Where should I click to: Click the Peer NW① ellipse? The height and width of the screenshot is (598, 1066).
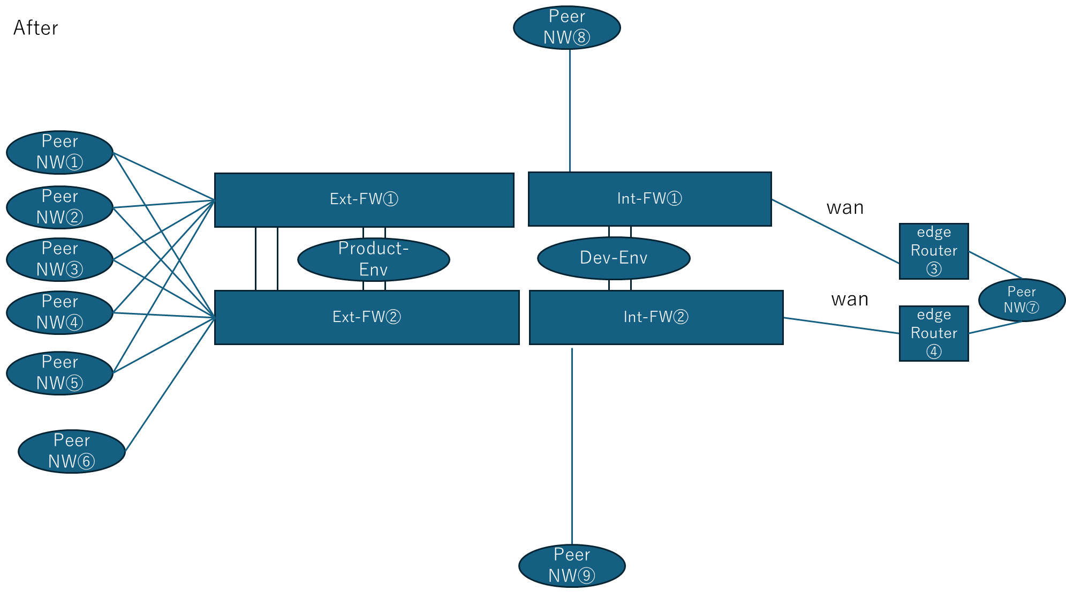[59, 153]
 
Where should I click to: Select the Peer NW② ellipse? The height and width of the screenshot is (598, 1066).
[59, 207]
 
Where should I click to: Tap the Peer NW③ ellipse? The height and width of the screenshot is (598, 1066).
[59, 259]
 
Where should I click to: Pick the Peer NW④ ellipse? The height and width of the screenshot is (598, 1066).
[59, 312]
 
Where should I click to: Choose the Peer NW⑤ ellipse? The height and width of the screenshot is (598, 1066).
[59, 373]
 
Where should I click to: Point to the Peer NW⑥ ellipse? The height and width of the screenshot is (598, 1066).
[71, 451]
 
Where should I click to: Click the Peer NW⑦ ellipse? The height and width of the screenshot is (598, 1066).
[1021, 300]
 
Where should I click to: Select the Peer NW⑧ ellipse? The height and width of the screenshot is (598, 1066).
[566, 27]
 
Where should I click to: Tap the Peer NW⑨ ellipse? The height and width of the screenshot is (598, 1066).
[572, 565]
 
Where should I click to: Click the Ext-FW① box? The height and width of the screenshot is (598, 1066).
[364, 200]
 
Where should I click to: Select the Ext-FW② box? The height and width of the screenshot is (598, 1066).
[367, 317]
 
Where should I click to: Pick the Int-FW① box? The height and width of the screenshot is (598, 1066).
[649, 199]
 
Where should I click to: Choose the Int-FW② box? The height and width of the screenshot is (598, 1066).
[656, 317]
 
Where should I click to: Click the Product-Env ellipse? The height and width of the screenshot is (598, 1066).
[373, 259]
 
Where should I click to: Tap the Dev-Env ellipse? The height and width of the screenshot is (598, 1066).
[614, 258]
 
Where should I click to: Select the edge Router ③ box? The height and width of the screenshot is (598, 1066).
[934, 251]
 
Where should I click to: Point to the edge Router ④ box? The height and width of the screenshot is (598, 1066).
[934, 333]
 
